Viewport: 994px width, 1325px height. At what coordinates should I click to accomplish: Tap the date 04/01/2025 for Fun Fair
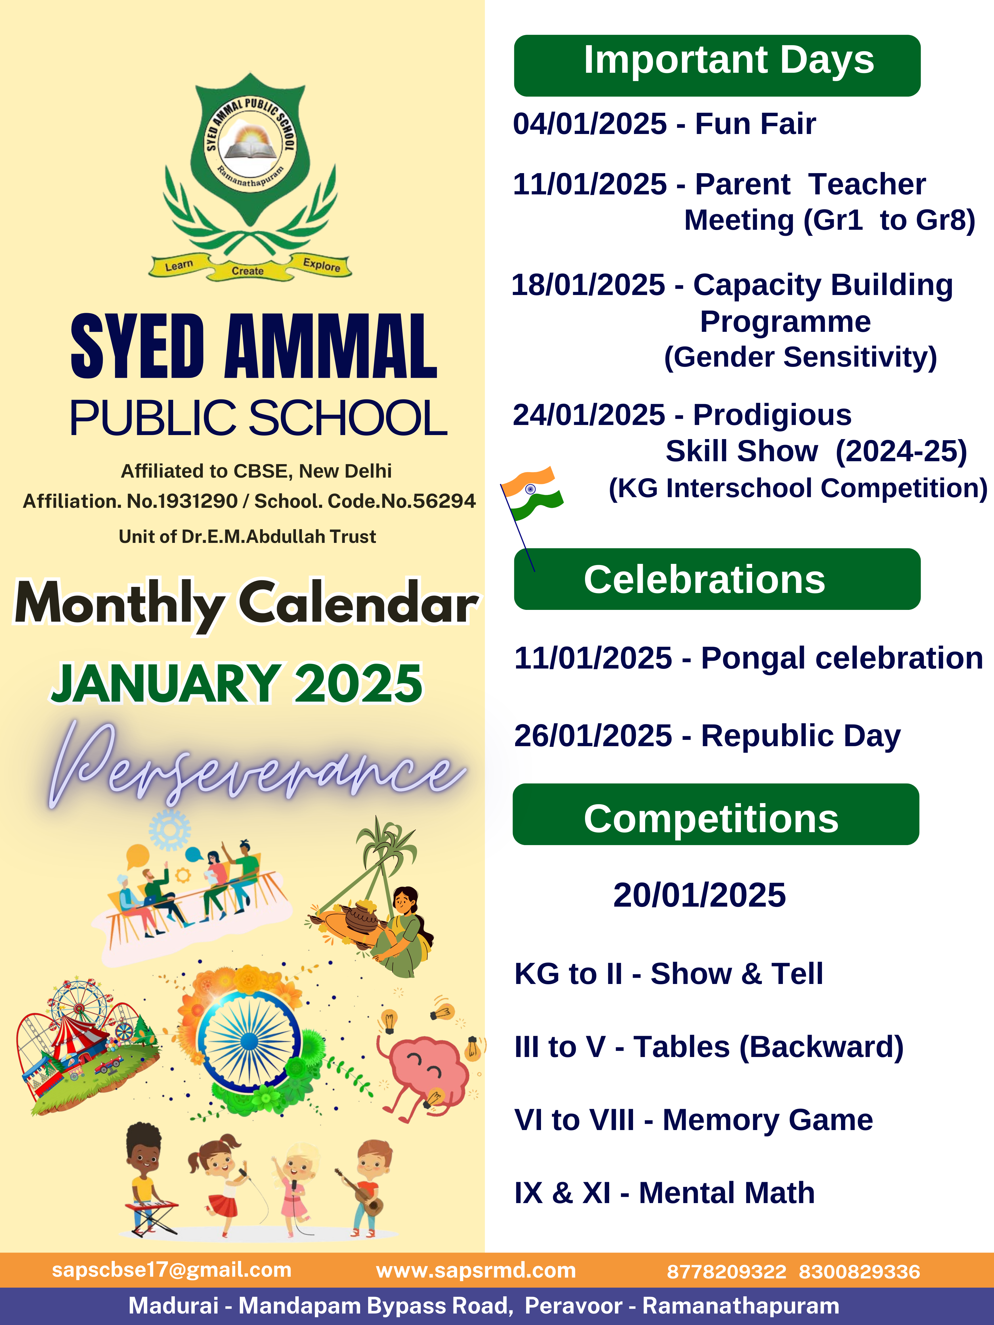point(590,124)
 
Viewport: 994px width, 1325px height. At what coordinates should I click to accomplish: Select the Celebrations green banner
point(716,579)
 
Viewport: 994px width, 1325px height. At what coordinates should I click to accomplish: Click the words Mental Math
point(727,1193)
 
